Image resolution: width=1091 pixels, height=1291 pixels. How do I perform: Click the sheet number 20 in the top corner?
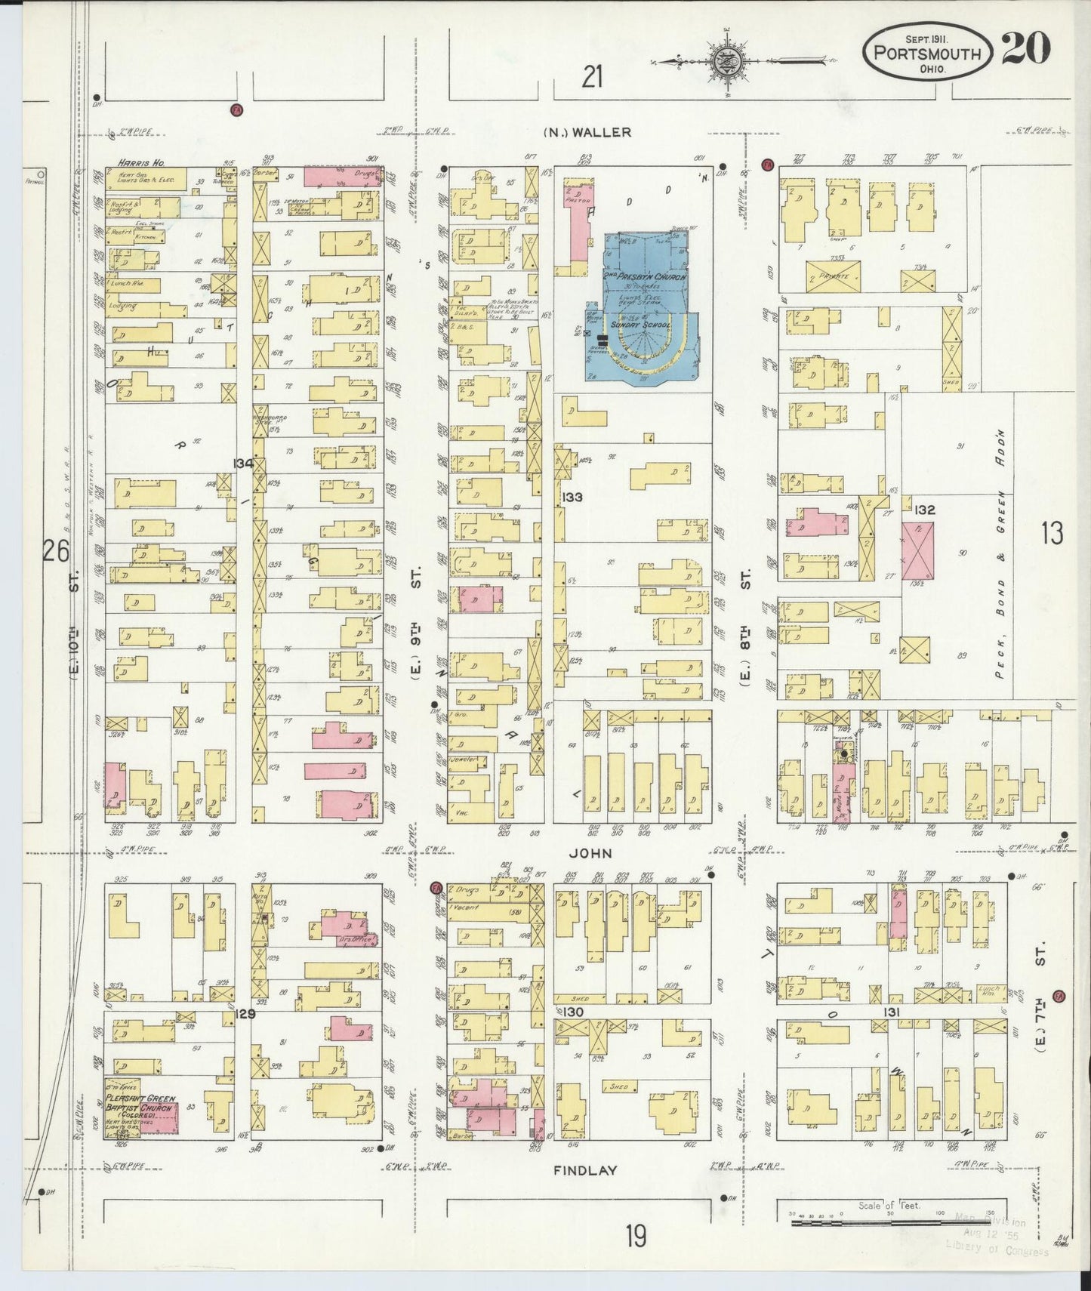pyautogui.click(x=1026, y=51)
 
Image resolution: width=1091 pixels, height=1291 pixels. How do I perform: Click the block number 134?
pyautogui.click(x=243, y=463)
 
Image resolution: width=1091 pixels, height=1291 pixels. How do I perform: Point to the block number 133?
pyautogui.click(x=573, y=498)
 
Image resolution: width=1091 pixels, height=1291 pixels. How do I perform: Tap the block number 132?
pyautogui.click(x=924, y=510)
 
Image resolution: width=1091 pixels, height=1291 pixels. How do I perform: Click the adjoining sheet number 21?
pyautogui.click(x=593, y=77)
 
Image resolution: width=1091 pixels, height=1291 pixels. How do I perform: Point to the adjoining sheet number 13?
pyautogui.click(x=1052, y=534)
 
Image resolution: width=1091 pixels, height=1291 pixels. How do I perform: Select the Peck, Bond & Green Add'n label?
pyautogui.click(x=1001, y=555)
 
